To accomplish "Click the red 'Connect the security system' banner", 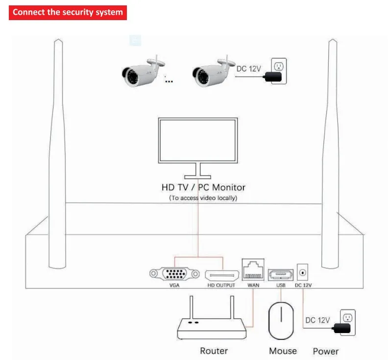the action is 68,12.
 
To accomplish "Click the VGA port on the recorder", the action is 174,274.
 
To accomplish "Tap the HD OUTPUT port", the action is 222,275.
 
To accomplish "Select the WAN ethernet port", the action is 253,270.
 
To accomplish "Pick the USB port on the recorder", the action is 281,275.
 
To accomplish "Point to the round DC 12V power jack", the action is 302,273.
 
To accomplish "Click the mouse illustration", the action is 281,321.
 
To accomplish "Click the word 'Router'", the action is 214,351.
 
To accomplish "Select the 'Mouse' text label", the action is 283,351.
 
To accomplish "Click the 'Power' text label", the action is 326,351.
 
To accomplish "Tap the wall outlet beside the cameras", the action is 279,71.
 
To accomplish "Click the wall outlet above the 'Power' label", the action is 348,322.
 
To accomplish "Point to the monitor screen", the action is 198,140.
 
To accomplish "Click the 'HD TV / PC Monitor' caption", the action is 203,187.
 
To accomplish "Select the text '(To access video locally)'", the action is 203,198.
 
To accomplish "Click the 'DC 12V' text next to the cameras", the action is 249,69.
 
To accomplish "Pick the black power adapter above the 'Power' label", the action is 342,328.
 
